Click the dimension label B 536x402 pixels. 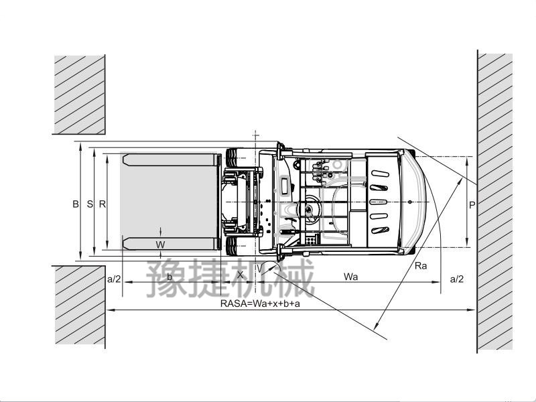click(76, 204)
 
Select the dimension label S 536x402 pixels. click(90, 204)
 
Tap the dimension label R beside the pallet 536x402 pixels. click(102, 204)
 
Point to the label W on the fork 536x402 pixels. click(160, 245)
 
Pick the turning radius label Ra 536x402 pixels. click(421, 266)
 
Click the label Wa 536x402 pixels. click(350, 277)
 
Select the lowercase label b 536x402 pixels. click(170, 277)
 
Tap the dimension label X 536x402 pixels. click(241, 275)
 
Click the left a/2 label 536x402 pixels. click(114, 279)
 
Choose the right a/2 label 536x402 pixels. click(456, 279)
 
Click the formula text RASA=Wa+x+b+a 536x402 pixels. click(260, 304)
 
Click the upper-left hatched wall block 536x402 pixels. click(79, 94)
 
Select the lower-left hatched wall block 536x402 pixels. click(79, 306)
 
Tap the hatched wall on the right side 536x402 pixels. click(495, 201)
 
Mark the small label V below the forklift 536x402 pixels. click(259, 269)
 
